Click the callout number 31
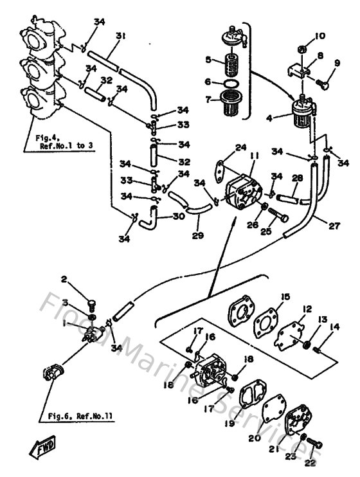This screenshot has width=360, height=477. tap(120, 37)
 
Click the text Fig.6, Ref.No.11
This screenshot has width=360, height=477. tap(80, 416)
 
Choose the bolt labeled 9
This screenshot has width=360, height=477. tap(323, 84)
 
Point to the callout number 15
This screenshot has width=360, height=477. tap(285, 297)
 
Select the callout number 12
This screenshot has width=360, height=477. tap(308, 310)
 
